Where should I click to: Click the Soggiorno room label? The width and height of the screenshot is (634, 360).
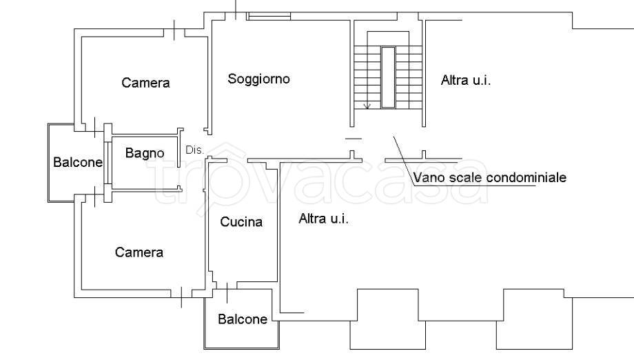[258, 79]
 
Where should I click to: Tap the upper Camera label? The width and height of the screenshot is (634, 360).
[145, 83]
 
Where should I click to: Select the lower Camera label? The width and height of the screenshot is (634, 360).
[139, 252]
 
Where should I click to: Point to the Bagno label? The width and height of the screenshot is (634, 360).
[145, 153]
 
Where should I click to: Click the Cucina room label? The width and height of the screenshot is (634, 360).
[241, 222]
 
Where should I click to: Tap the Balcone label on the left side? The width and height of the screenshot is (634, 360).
[78, 163]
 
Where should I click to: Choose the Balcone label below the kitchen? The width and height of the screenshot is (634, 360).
[243, 319]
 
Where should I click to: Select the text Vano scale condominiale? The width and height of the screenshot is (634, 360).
[489, 178]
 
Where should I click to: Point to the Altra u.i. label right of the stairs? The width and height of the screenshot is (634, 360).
[465, 81]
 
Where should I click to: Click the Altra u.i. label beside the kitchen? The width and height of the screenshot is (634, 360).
[323, 219]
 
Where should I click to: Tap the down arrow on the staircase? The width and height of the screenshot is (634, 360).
[367, 105]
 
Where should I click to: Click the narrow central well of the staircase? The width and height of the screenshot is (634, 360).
[388, 77]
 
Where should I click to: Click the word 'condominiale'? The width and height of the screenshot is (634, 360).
[526, 178]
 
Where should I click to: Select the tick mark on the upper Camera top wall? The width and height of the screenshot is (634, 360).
[175, 31]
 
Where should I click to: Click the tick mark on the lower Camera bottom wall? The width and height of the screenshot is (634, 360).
[181, 297]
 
